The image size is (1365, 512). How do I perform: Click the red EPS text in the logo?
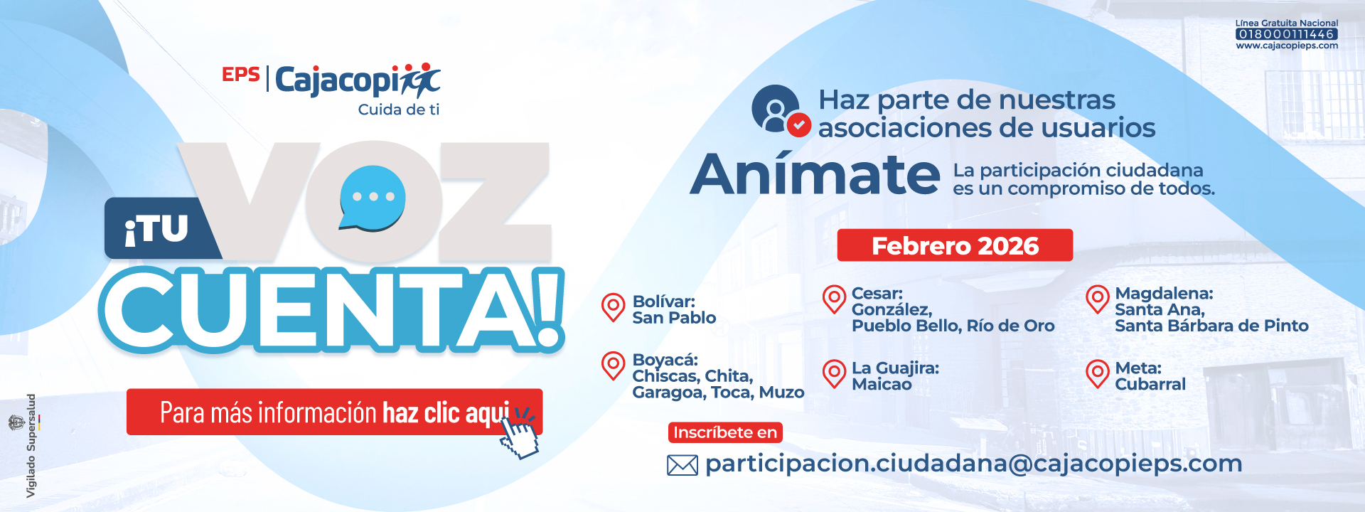coord(241,74)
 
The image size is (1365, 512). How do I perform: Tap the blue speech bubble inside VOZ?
coord(373,198)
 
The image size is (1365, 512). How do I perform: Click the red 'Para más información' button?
coord(334,412)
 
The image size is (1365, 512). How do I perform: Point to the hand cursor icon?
coord(519,432)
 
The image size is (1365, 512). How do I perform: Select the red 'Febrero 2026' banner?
coord(955,245)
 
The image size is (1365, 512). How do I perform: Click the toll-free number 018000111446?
coord(1287,34)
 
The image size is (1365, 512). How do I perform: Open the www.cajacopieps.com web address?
coord(1287,46)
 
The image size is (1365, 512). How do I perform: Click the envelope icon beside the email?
coord(682,465)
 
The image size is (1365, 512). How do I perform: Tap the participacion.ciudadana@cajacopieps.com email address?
coord(973,464)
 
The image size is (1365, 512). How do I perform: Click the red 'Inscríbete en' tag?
coord(725,432)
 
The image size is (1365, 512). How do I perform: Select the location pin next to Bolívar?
coord(613,307)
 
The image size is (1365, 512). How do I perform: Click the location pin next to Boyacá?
coord(613,366)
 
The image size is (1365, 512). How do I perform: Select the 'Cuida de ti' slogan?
coord(399,110)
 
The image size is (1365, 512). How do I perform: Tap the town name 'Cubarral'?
coord(1150,384)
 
